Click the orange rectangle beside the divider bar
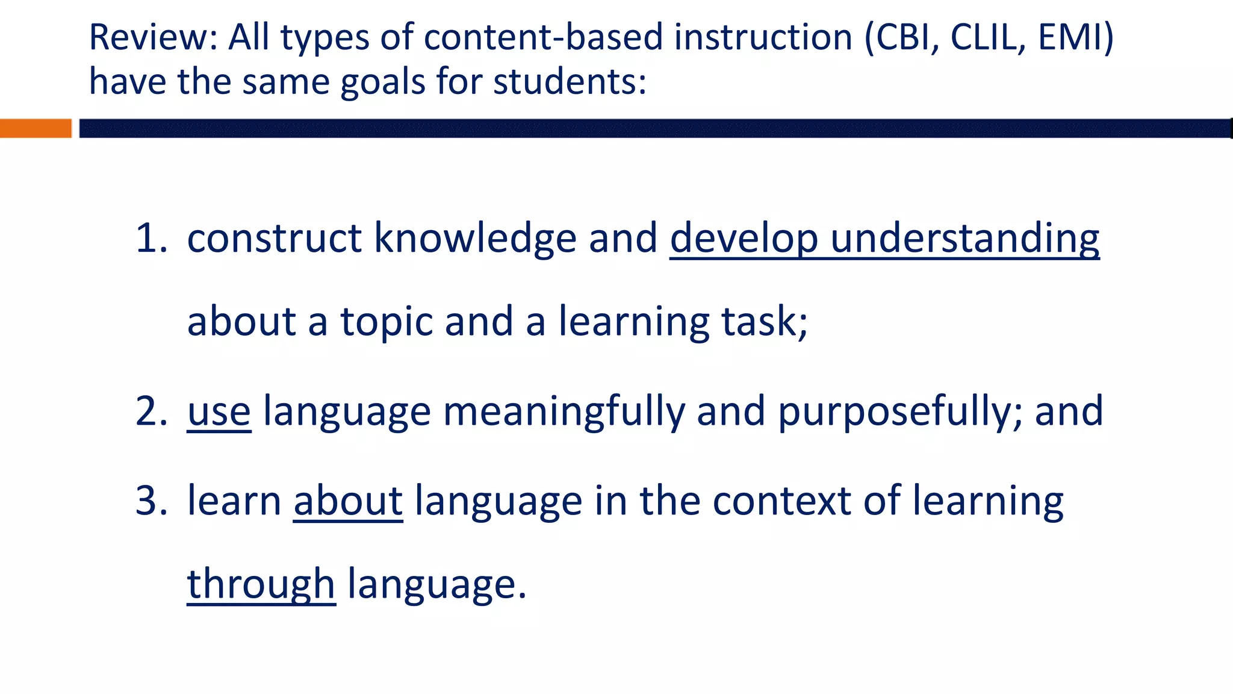[36, 128]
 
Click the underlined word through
[261, 585]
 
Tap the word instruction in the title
[763, 37]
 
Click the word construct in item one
[275, 238]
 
